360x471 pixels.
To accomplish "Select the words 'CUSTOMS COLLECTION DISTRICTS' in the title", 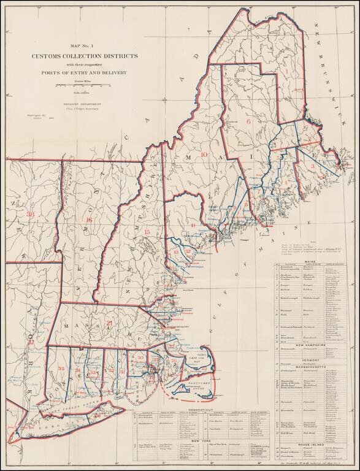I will [85, 56].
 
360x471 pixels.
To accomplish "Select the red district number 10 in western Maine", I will [204, 155].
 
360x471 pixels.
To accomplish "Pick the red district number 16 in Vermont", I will [90, 220].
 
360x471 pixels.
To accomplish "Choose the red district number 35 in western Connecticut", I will [61, 368].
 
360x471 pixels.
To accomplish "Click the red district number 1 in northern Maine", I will [286, 71].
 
